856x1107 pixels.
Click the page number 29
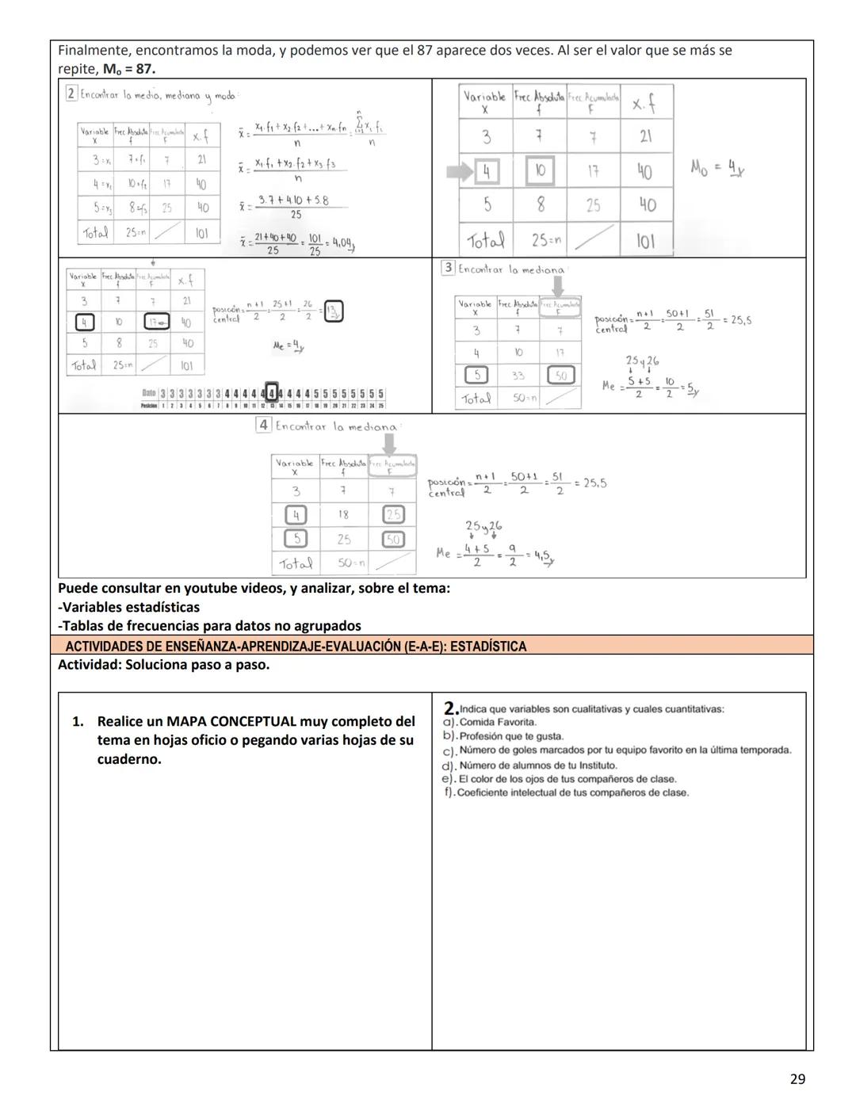click(x=797, y=1078)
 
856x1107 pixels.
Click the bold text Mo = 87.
click(x=129, y=69)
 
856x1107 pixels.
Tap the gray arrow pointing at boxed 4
click(x=460, y=171)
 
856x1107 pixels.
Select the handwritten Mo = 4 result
click(x=717, y=168)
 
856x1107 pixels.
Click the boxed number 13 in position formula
click(x=334, y=311)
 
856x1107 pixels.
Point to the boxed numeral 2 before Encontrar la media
click(x=71, y=94)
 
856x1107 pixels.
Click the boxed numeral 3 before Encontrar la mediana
click(x=448, y=268)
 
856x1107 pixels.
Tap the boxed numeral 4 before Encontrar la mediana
click(x=264, y=425)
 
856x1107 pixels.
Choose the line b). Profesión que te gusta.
click(x=503, y=736)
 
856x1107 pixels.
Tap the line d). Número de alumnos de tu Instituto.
click(x=529, y=765)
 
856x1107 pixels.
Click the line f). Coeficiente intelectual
click(x=566, y=792)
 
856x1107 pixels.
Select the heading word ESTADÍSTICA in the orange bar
click(x=488, y=647)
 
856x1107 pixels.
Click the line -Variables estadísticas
click(x=128, y=607)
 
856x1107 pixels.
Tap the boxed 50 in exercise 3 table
click(x=561, y=375)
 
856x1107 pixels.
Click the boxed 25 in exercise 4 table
click(x=393, y=515)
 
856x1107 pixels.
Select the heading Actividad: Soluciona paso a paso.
click(x=163, y=665)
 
